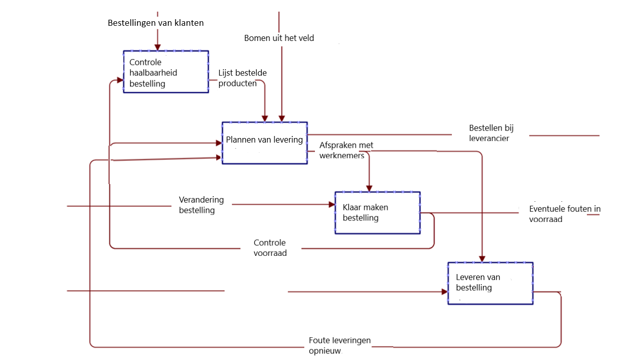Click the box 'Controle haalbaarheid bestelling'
tap(166, 72)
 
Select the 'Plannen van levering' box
tap(264, 143)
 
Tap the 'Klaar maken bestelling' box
tap(377, 212)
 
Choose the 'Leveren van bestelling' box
tap(490, 283)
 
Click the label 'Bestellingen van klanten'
tap(156, 23)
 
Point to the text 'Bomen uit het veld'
tap(279, 38)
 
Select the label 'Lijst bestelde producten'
tap(242, 78)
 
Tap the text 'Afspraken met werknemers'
tap(346, 150)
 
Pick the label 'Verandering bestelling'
tap(201, 205)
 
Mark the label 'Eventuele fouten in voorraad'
tap(564, 214)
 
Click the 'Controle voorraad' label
tap(270, 248)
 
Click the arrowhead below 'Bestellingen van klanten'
tap(158, 48)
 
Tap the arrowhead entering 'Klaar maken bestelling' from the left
tap(332, 205)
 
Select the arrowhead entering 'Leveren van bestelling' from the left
tap(444, 292)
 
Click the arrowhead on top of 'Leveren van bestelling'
tap(482, 258)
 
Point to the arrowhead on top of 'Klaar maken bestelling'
tap(369, 188)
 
